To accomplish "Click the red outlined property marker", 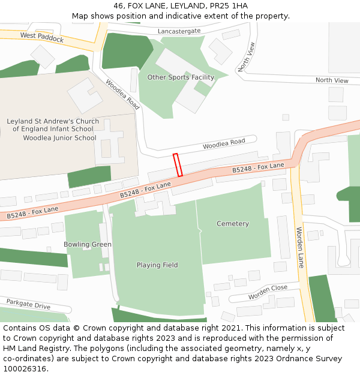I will click(x=178, y=165).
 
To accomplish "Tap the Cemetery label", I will click(x=232, y=224).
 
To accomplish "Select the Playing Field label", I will click(x=157, y=265).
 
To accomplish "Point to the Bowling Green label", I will click(x=88, y=245).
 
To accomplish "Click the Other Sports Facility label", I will click(x=181, y=77).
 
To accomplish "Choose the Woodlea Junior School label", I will click(x=59, y=138).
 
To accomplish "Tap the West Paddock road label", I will click(x=42, y=38).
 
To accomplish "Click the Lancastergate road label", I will click(x=179, y=31).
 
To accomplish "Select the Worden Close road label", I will click(x=268, y=292).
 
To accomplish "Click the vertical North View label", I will click(x=247, y=57).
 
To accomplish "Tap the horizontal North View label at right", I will click(x=332, y=80).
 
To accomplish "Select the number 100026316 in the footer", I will click(x=24, y=369).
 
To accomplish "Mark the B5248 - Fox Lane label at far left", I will click(x=32, y=212).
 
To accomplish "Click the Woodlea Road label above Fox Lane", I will click(x=224, y=142).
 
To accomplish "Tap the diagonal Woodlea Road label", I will click(x=122, y=94).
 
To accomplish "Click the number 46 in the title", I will click(x=118, y=6).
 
